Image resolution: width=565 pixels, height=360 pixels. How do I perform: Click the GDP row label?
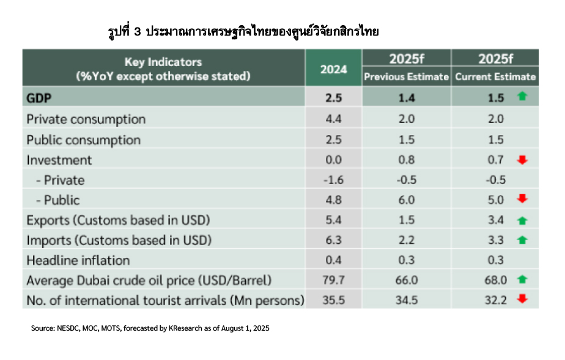point(39,98)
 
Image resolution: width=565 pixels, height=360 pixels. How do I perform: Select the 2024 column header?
point(333,69)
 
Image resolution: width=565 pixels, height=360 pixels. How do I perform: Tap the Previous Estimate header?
point(407,77)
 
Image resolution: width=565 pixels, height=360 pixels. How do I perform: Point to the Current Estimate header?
point(495,77)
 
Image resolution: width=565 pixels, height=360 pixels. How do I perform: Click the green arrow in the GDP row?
point(522,97)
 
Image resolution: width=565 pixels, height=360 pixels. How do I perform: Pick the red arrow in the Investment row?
point(522,160)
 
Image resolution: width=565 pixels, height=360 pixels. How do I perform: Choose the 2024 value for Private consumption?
point(333,119)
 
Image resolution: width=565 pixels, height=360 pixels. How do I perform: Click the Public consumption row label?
point(83,140)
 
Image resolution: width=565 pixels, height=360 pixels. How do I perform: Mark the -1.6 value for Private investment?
point(333,180)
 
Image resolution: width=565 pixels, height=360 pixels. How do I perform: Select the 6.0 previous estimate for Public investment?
point(407,200)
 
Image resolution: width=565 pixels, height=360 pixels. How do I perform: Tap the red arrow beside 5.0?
point(522,199)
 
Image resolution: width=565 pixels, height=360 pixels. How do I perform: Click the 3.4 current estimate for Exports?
point(496,220)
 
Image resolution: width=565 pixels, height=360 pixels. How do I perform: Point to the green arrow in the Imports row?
point(522,240)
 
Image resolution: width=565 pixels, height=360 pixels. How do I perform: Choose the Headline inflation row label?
point(78,260)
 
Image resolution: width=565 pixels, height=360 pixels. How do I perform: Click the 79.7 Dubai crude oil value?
point(333,281)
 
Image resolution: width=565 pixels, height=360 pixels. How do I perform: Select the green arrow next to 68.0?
point(522,280)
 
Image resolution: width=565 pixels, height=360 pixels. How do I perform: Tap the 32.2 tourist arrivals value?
point(496,301)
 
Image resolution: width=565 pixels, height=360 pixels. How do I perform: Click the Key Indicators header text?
point(163,62)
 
